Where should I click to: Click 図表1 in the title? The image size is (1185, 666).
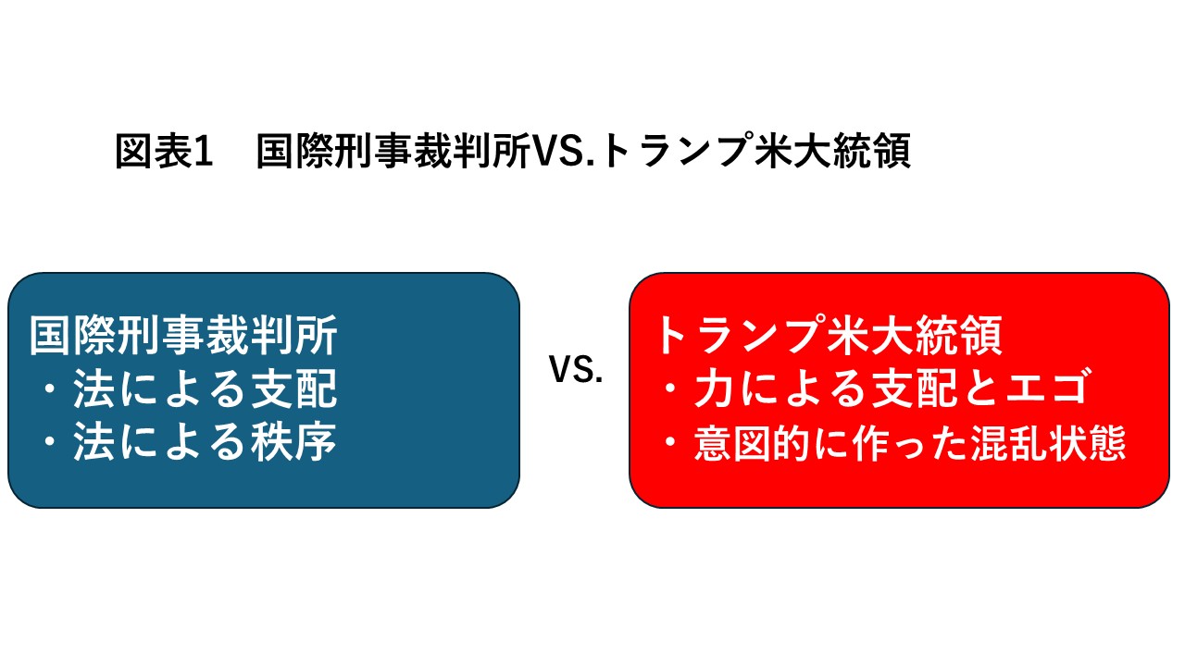click(164, 151)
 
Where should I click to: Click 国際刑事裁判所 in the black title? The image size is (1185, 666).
click(393, 151)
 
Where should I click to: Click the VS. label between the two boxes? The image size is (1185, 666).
click(576, 369)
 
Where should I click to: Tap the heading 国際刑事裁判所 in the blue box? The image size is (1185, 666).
click(183, 336)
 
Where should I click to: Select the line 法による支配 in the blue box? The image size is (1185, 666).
click(206, 389)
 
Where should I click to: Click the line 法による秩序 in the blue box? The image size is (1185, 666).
click(206, 442)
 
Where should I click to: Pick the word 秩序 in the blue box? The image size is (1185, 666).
click(293, 442)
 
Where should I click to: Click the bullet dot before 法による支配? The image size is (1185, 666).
click(51, 389)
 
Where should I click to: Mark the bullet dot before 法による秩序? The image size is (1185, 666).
click(51, 442)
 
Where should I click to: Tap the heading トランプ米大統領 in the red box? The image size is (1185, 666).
click(829, 335)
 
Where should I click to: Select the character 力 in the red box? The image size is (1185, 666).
click(715, 388)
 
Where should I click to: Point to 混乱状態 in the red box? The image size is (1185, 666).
click(1049, 442)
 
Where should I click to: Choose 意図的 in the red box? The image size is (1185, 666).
click(751, 442)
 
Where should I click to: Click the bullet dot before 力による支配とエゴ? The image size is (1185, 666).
click(671, 388)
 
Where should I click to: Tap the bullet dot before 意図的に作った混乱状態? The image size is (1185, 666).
click(671, 442)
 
